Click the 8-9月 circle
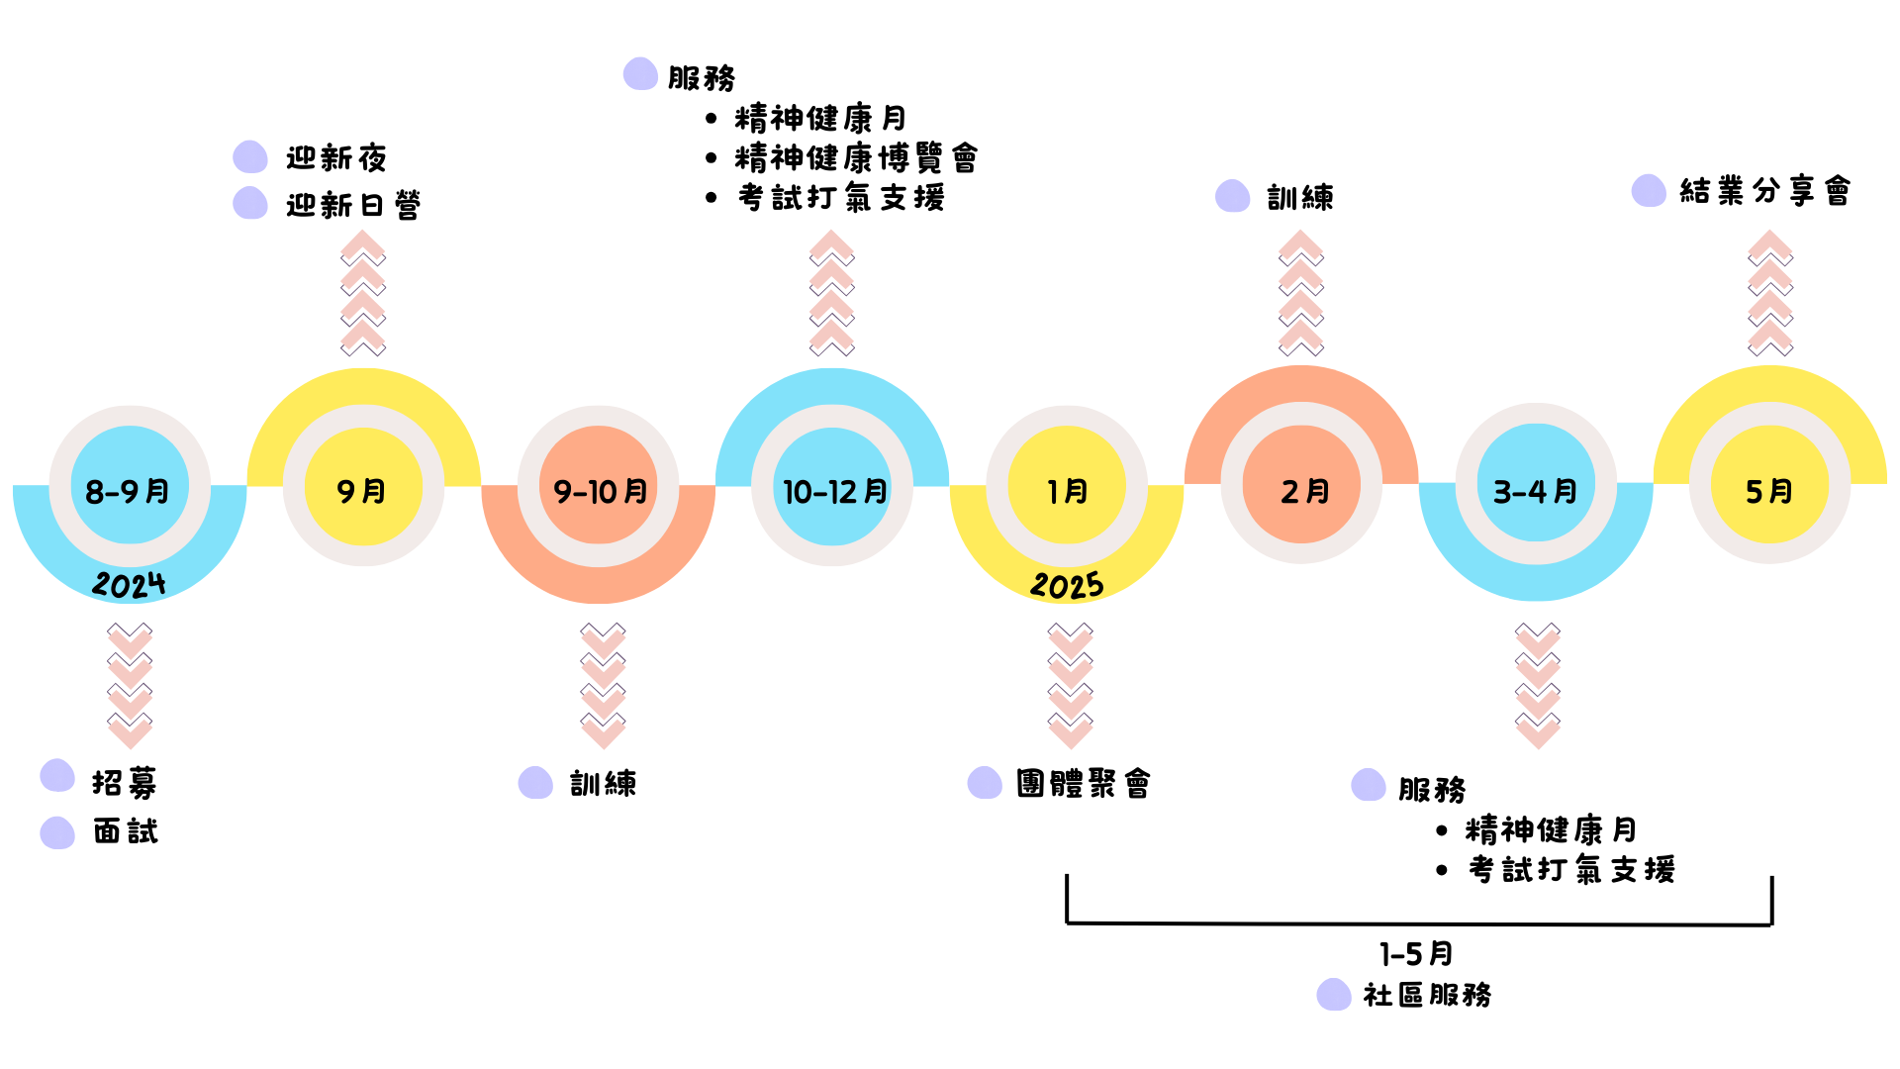130,486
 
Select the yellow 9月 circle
363,487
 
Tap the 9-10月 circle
598,487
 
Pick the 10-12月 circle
832,487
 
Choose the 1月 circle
1067,486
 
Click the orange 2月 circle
1301,485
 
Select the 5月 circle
1769,485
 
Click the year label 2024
129,584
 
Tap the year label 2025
1067,585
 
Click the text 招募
125,783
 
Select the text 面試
126,831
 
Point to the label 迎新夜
336,157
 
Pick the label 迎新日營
353,205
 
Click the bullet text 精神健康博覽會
856,157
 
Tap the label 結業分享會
1764,190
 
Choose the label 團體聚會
1084,783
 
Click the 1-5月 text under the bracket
1416,954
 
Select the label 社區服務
1427,995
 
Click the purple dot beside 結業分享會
1649,190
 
